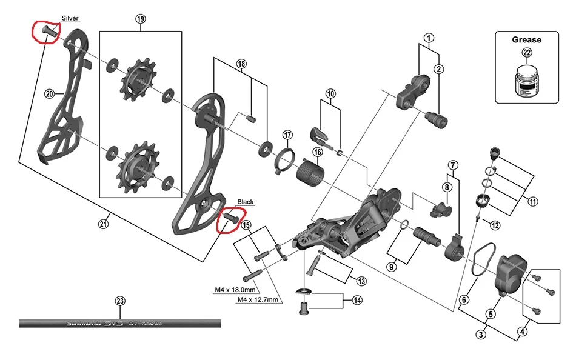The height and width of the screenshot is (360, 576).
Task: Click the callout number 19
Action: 141,19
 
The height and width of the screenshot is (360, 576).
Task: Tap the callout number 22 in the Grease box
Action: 526,53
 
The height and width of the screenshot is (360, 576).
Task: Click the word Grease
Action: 526,40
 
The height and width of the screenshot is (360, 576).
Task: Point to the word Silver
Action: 70,18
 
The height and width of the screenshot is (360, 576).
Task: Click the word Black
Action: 245,202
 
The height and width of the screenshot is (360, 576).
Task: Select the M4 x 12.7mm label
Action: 258,300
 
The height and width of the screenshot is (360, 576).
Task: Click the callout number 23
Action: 119,301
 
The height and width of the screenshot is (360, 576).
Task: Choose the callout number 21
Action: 102,224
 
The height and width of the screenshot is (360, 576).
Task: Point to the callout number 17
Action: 287,135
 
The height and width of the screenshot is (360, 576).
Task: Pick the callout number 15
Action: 246,225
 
